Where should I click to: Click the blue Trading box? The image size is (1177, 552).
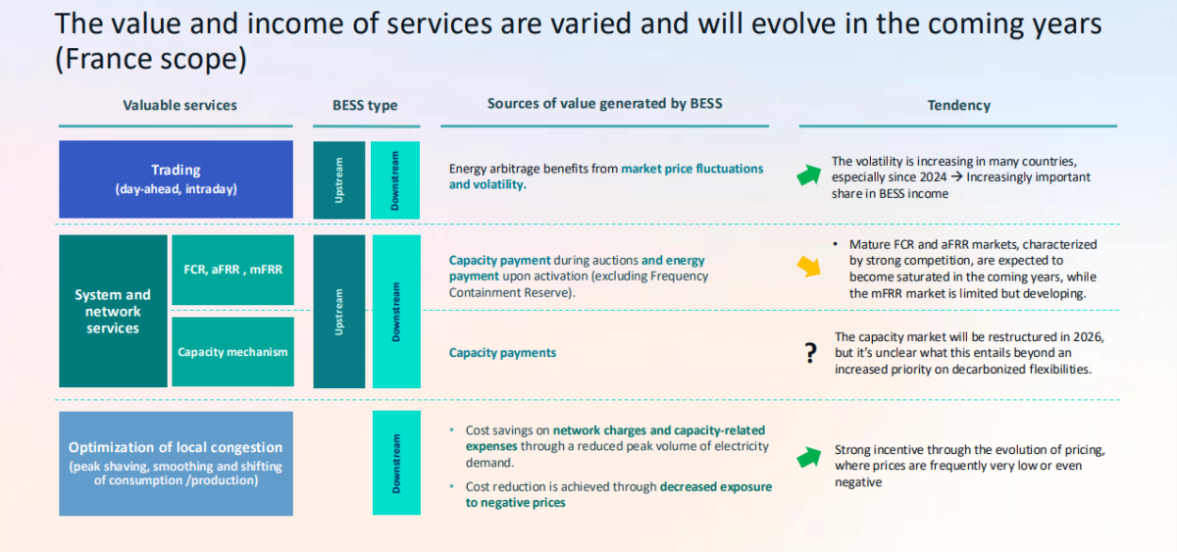176,178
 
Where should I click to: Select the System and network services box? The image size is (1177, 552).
113,311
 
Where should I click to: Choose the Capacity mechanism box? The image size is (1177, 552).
232,352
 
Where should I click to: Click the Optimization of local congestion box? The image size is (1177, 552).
176,463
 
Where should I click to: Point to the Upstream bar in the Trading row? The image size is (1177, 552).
338,179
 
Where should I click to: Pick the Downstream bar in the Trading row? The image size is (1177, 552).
395,179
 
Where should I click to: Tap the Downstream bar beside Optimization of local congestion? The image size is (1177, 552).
395,463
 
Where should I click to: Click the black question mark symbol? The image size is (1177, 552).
810,354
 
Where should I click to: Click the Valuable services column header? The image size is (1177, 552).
179,105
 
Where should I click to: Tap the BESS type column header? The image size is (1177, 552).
365,105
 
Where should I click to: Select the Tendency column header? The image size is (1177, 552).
958,105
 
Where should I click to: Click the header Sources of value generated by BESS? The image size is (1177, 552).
604,103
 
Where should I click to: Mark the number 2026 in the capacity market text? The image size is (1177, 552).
1088,337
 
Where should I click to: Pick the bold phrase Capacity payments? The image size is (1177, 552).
502,353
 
